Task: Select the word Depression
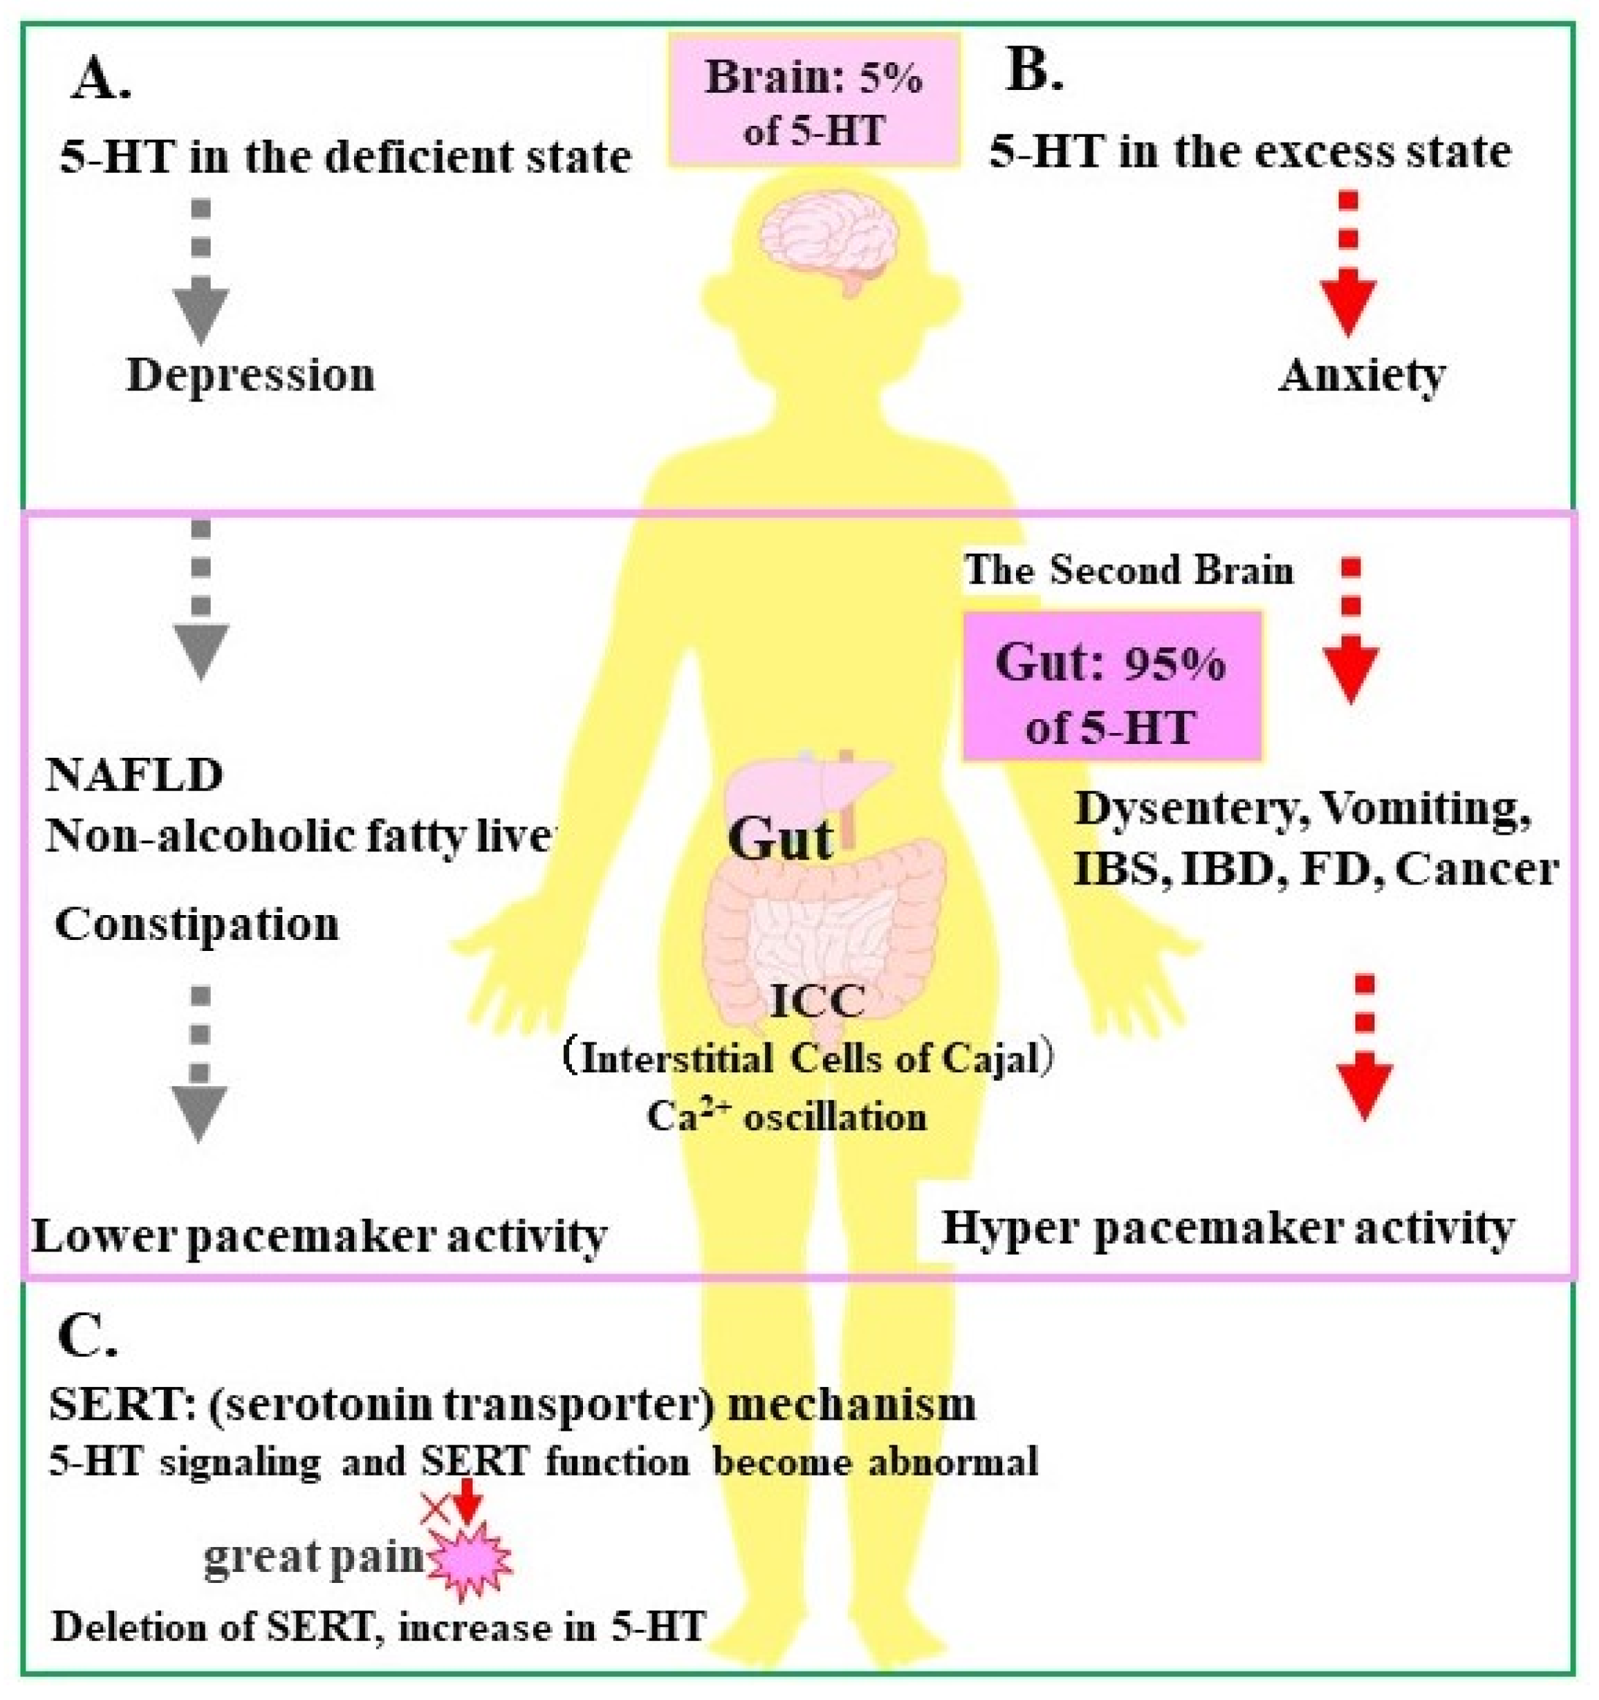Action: pyautogui.click(x=251, y=375)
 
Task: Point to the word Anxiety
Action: pyautogui.click(x=1361, y=375)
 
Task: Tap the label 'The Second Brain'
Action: pyautogui.click(x=1129, y=571)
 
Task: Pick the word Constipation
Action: pyautogui.click(x=197, y=925)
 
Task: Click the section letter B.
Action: pyautogui.click(x=1034, y=72)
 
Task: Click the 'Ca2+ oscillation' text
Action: pyautogui.click(x=786, y=1117)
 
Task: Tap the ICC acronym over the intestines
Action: pyautogui.click(x=818, y=1001)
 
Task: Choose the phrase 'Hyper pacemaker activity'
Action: pyautogui.click(x=1228, y=1229)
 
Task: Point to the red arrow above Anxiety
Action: pyautogui.click(x=1348, y=274)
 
